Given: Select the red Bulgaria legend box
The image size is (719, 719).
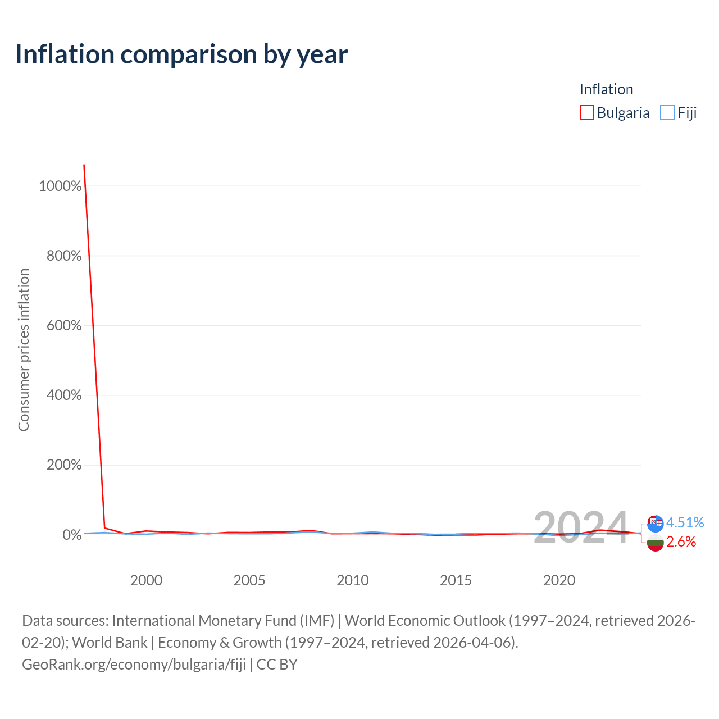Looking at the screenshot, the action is tap(586, 112).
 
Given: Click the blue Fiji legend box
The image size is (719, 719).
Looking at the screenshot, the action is tap(667, 112).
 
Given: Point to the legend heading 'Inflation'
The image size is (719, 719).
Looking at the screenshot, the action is tap(606, 89).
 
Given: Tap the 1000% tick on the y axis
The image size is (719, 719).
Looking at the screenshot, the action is tap(60, 186).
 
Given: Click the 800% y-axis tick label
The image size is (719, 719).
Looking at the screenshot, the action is tap(64, 256).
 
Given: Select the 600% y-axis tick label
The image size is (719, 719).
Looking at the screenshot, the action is tap(64, 325).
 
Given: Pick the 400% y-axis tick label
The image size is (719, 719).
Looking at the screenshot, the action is tap(64, 395).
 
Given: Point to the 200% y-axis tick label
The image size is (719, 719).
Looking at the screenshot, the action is tap(64, 465).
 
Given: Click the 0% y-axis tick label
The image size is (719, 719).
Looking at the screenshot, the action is tap(72, 535).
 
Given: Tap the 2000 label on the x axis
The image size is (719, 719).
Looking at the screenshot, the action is tap(146, 580).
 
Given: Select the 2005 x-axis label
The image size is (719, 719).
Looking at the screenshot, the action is tap(249, 580).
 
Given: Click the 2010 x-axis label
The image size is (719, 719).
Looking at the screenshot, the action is tap(353, 580).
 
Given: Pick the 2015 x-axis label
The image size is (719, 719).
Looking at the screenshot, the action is tap(456, 580).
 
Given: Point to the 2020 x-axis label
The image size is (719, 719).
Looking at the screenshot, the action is tap(559, 580).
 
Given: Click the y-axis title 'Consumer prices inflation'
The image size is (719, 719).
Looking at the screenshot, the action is tap(24, 350).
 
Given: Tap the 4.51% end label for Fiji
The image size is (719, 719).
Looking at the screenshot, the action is tap(685, 522).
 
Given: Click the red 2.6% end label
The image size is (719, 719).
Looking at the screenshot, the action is tap(681, 541).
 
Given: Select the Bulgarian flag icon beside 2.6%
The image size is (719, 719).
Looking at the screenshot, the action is tap(655, 543).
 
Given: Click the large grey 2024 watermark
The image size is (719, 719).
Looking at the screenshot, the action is tap(581, 527).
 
